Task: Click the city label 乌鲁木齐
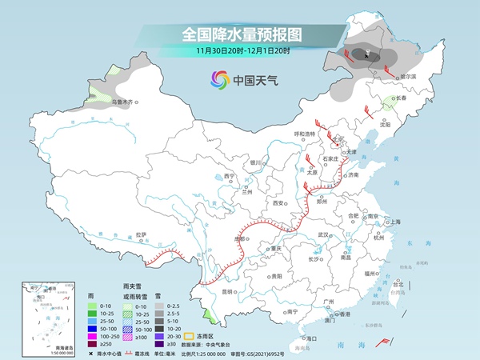124,102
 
